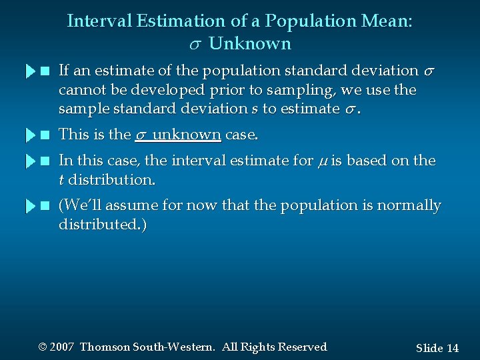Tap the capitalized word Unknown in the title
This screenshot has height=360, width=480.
(x=250, y=45)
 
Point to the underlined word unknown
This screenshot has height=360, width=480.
(x=188, y=135)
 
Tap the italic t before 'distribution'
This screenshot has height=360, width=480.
(x=61, y=180)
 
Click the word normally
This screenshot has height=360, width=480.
(x=409, y=205)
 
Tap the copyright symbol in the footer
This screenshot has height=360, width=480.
(x=43, y=347)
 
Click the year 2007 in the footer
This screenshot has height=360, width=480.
(x=61, y=347)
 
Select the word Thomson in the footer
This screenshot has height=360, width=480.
(x=105, y=347)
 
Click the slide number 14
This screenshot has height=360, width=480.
(x=453, y=348)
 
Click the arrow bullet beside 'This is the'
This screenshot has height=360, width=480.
(x=29, y=135)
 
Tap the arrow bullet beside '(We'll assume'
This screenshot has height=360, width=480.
(x=29, y=206)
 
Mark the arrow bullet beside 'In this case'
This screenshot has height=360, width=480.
(x=29, y=161)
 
